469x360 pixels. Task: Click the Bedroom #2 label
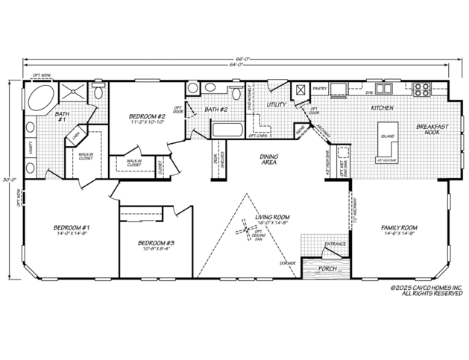coord(146,117)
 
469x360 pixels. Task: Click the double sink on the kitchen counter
coord(384,89)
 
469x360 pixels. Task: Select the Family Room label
coord(399,227)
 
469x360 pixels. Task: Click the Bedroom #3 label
coord(156,243)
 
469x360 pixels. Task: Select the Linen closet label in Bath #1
coord(77,136)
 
